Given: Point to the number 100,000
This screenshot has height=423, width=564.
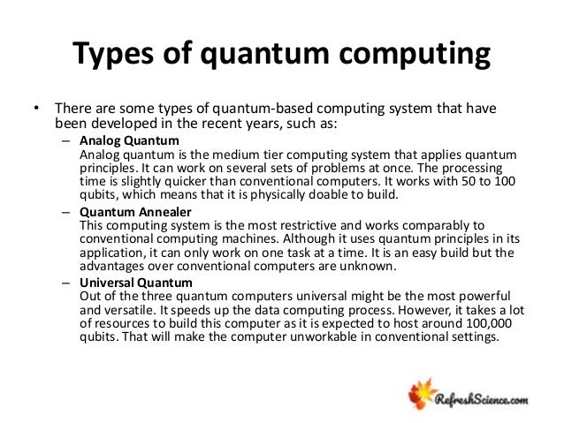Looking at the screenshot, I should pyautogui.click(x=476, y=324).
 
